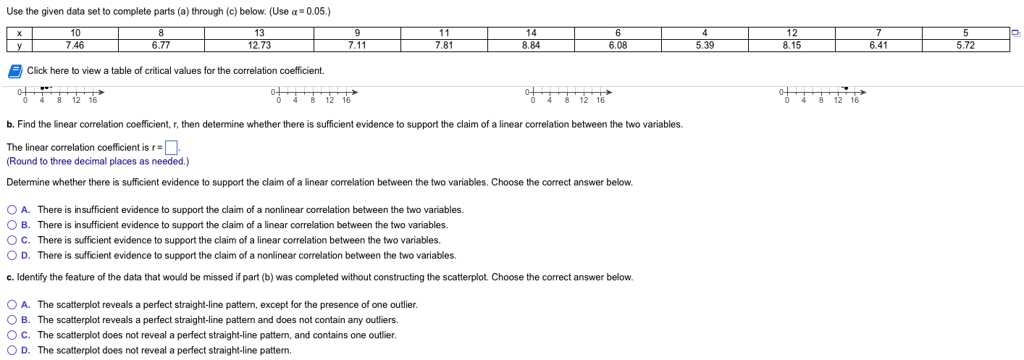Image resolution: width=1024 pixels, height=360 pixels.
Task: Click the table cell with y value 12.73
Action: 259,45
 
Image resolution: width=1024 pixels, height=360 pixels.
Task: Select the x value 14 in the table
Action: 531,33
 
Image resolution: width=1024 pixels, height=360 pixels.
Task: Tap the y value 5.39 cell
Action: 705,45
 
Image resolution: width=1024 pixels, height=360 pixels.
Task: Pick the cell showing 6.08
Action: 618,45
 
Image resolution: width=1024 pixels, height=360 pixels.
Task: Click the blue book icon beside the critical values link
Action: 14,71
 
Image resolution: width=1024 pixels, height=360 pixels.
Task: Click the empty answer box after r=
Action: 171,148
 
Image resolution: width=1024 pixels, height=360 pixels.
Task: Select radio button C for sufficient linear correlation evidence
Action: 12,240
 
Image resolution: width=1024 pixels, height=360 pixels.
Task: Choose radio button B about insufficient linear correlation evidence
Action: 12,225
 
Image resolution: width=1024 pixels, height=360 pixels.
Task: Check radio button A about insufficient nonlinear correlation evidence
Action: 12,210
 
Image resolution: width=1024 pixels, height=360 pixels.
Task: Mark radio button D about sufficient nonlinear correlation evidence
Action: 12,256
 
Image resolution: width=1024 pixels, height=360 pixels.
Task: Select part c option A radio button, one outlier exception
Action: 12,305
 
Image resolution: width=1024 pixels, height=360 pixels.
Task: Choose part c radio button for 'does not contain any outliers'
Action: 12,320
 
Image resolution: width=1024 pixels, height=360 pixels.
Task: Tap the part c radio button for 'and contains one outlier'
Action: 12,335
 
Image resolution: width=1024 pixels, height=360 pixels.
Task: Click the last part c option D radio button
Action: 12,351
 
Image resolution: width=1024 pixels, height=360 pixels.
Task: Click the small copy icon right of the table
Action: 1015,33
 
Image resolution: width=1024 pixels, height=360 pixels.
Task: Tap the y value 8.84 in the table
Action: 531,45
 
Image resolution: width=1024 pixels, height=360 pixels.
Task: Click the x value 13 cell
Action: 259,33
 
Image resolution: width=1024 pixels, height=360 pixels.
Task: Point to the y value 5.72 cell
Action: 965,45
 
